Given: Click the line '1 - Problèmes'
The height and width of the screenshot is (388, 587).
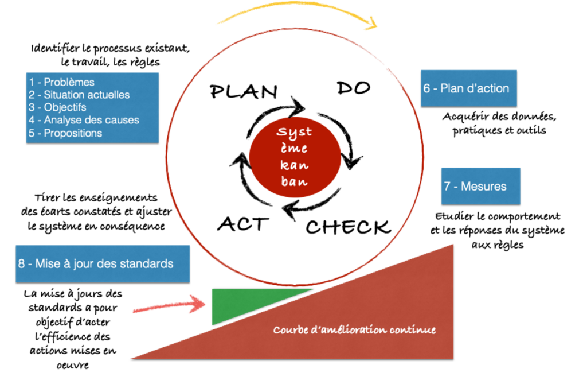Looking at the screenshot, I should (x=61, y=82).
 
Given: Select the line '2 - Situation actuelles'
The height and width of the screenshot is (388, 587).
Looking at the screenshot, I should (x=79, y=95).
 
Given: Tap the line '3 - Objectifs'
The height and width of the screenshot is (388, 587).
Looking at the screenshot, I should (x=57, y=107).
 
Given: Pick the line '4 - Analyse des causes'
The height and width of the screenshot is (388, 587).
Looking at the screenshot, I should (x=84, y=120).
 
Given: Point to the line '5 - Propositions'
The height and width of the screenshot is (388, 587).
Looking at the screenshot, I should (x=65, y=133).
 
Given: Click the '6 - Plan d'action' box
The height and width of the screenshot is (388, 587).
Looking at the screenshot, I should (x=468, y=88).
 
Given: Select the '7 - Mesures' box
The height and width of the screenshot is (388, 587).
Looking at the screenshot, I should (x=480, y=186).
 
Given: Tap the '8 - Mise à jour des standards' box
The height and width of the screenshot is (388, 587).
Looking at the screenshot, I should (x=103, y=264).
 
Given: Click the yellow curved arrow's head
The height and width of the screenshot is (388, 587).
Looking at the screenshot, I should (x=371, y=24).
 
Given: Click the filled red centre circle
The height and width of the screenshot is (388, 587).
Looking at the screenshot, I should (x=295, y=156).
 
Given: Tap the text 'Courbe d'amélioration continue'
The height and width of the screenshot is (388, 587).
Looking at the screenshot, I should (x=354, y=330).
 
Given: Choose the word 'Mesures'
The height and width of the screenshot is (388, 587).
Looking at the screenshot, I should (x=484, y=186).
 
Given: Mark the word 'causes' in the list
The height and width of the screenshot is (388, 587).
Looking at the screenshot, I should (x=123, y=120).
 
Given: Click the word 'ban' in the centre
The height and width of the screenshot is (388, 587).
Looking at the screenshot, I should (x=295, y=182).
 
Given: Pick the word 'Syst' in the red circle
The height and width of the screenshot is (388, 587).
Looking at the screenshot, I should (x=295, y=132).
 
